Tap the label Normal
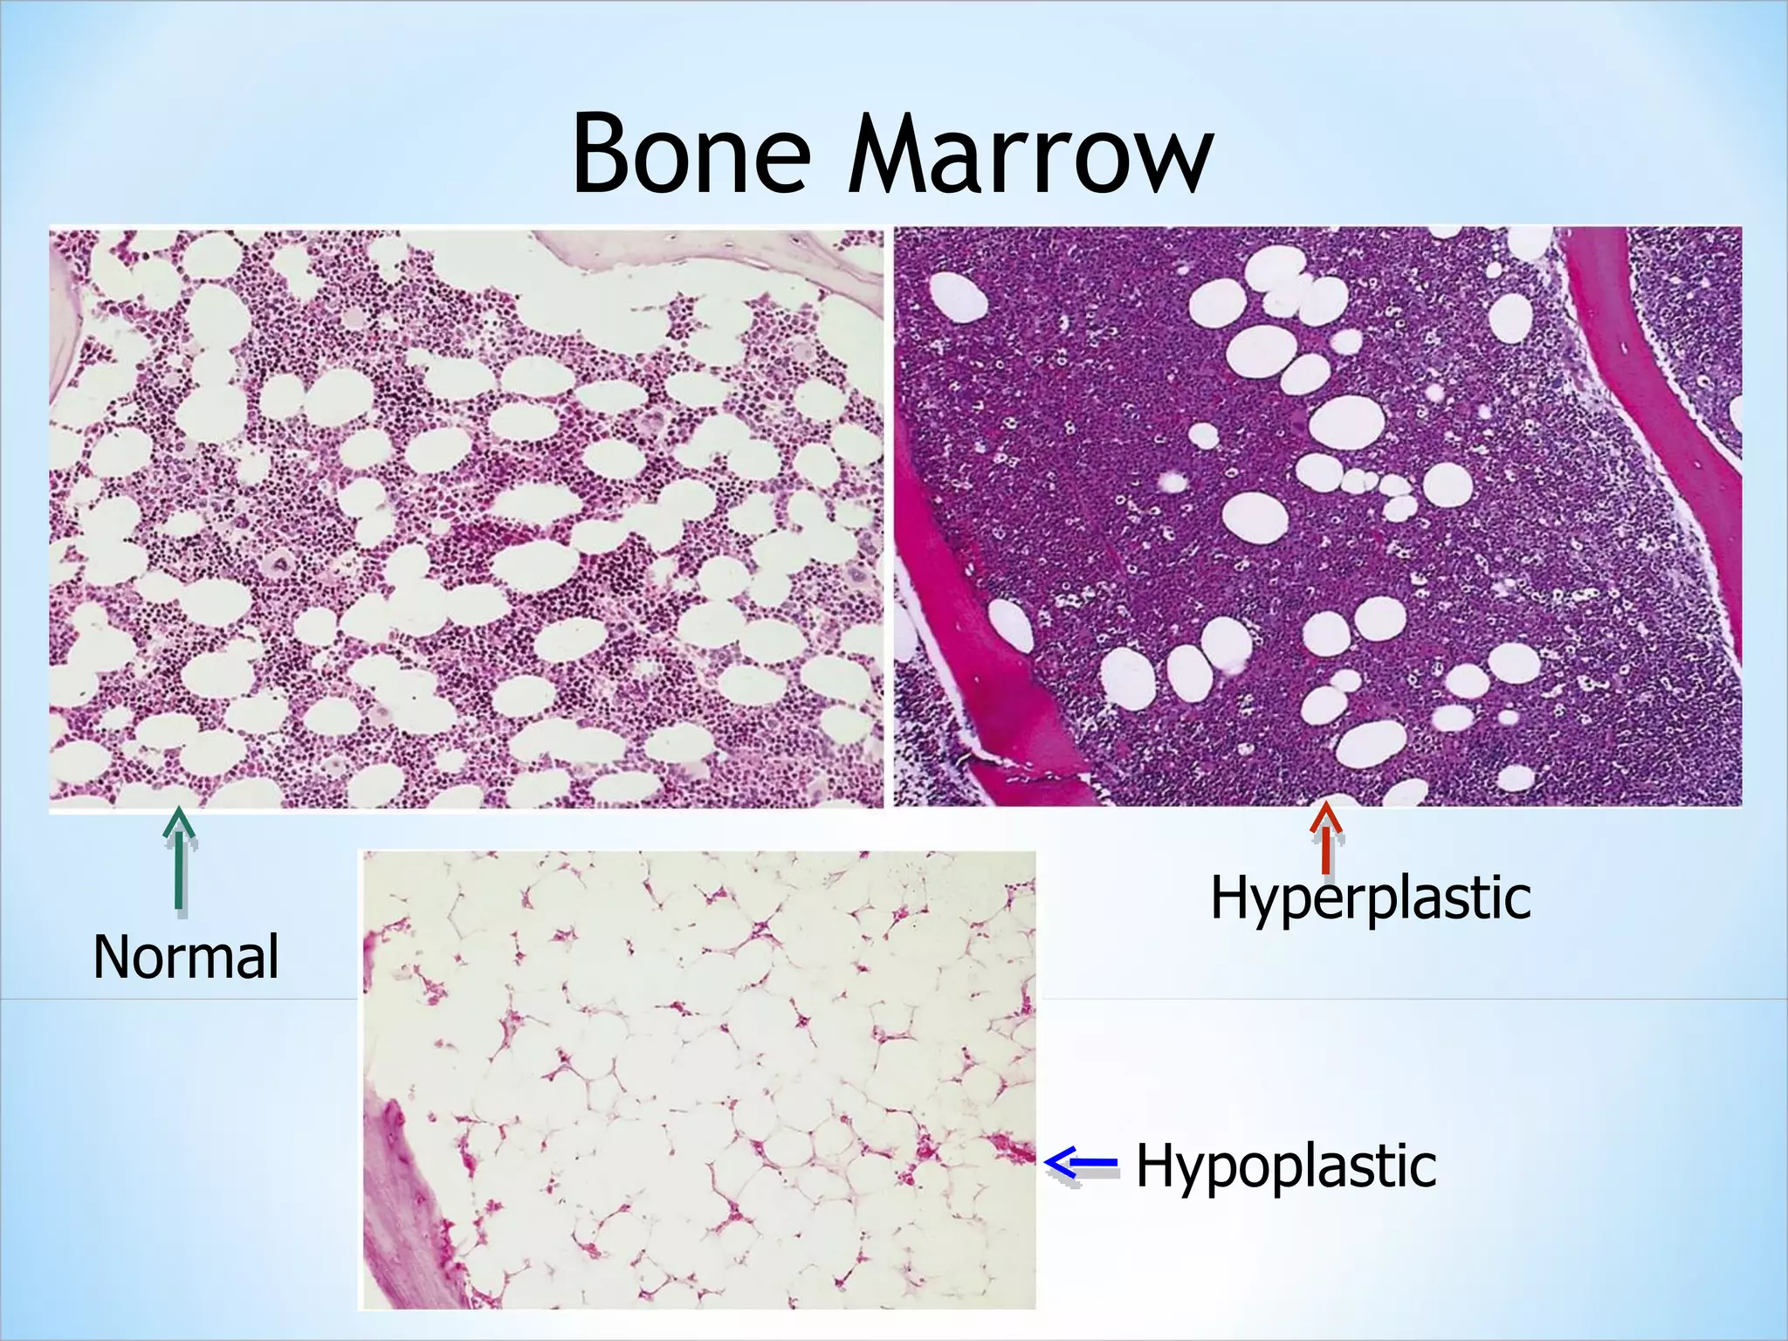(x=186, y=957)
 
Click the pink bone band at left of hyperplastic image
(x=987, y=646)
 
